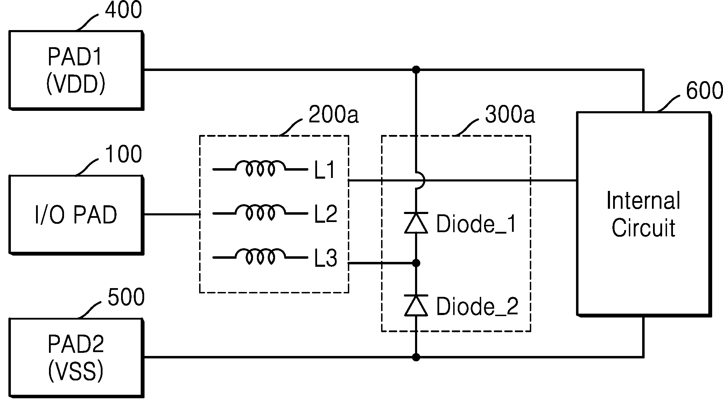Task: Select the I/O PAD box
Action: [x=76, y=215]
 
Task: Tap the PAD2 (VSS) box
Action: [x=76, y=358]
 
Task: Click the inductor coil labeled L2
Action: [x=260, y=212]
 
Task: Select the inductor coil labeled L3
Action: [x=260, y=256]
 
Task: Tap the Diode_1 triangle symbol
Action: [x=416, y=222]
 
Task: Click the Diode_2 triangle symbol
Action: [x=416, y=305]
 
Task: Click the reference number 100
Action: [x=124, y=154]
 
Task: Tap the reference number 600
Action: [x=704, y=91]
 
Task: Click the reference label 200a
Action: [x=334, y=115]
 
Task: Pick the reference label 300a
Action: [x=510, y=115]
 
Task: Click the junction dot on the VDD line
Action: [x=416, y=70]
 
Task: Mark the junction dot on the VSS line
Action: [x=416, y=357]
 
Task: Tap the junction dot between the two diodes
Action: [x=416, y=263]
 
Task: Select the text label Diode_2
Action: [x=477, y=307]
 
